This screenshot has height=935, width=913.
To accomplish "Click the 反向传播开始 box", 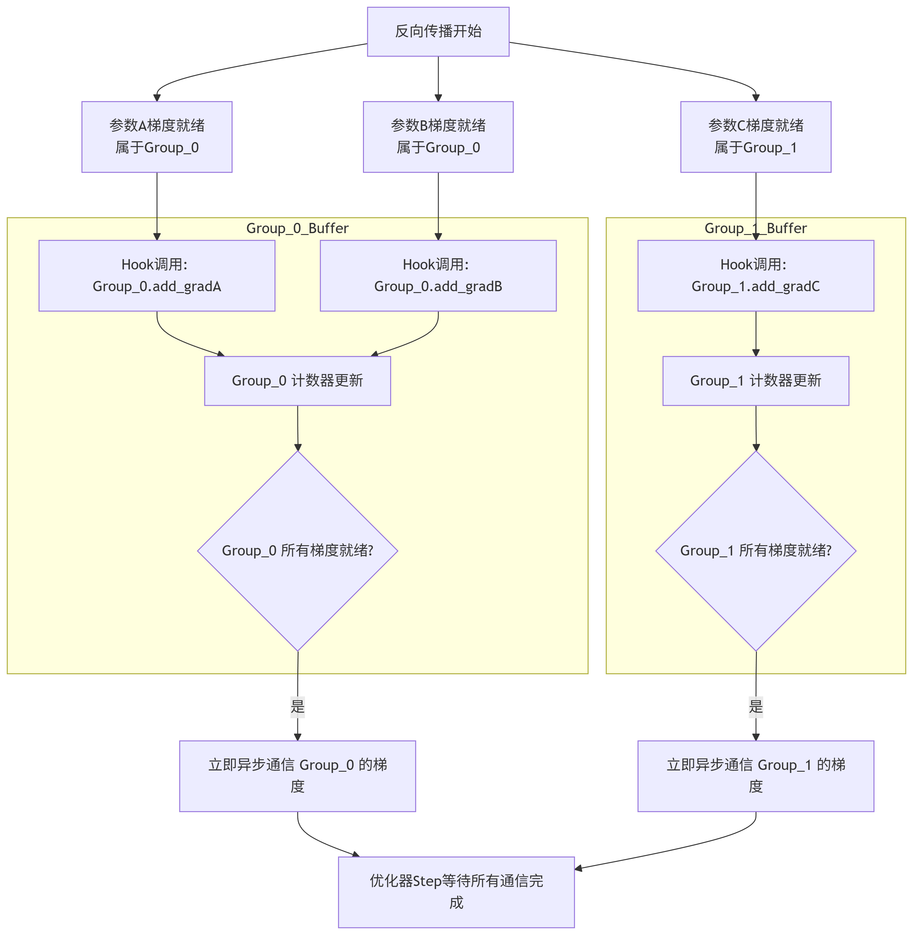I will (438, 32).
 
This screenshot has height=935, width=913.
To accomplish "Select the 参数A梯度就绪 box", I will (157, 137).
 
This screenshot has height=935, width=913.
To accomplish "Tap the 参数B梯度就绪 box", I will (438, 137).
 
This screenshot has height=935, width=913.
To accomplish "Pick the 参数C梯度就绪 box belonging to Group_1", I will (755, 137).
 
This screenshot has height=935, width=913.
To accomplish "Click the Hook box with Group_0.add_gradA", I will (157, 275).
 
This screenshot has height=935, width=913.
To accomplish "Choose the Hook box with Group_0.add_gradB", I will (438, 275).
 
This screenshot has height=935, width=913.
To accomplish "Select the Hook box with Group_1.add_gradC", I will (755, 275).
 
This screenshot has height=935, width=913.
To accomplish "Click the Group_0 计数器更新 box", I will (297, 380).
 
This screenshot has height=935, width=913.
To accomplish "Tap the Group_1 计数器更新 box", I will (755, 380).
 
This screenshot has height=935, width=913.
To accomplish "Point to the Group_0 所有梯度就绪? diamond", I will (297, 551).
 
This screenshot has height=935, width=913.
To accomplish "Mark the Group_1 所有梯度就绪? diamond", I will (755, 551).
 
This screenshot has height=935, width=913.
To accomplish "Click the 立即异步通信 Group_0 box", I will (297, 776).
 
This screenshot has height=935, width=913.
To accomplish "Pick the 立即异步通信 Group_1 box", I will (755, 776).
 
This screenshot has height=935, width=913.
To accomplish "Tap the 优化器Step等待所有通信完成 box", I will (456, 892).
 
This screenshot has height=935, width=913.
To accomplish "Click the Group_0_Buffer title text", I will (297, 228).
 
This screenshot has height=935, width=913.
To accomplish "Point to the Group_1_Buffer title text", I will (755, 228).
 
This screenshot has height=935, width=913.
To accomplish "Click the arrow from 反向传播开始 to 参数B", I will (438, 79).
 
